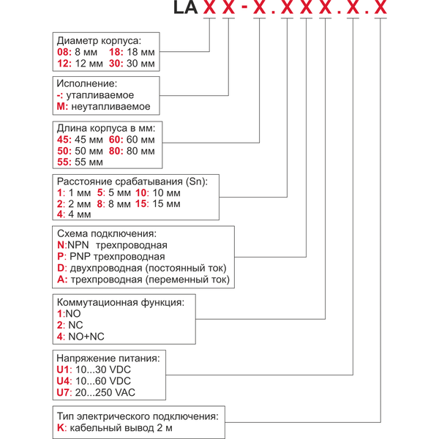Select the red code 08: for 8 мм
(x=64, y=52)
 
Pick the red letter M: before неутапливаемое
(x=62, y=107)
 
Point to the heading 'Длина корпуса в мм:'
(x=103, y=127)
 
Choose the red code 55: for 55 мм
(x=64, y=162)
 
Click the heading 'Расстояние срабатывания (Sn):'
(x=132, y=181)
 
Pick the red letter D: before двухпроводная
(x=61, y=268)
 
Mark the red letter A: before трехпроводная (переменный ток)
(x=61, y=279)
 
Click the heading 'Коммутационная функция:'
(x=116, y=301)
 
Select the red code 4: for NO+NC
(x=61, y=336)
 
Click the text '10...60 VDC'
(x=105, y=382)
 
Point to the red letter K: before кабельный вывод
(x=61, y=428)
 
